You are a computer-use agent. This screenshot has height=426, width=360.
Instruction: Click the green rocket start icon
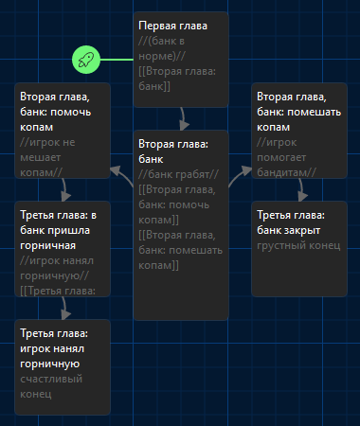click(x=86, y=60)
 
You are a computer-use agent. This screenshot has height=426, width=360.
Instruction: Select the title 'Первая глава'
click(x=172, y=26)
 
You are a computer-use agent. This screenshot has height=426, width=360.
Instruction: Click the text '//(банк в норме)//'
click(x=162, y=48)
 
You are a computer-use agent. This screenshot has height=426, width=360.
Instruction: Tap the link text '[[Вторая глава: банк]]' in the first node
click(x=177, y=79)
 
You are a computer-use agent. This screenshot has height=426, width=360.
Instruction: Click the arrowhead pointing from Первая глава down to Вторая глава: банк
click(x=184, y=125)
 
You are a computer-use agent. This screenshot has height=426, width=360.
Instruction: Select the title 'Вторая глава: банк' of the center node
click(x=173, y=151)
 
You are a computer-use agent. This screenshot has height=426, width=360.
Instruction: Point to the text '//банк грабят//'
click(x=178, y=174)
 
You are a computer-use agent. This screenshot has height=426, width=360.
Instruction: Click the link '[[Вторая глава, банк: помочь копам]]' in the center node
click(x=177, y=204)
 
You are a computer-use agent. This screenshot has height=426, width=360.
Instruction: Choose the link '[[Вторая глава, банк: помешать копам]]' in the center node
click(x=180, y=250)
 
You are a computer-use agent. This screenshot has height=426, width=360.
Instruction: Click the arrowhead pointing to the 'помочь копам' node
click(x=116, y=171)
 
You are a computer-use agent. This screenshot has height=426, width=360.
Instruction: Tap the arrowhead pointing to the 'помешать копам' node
click(x=246, y=171)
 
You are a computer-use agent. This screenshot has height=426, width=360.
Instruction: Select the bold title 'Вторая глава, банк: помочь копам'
click(x=56, y=112)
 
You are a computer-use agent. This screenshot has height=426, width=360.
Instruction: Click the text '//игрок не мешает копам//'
click(x=47, y=157)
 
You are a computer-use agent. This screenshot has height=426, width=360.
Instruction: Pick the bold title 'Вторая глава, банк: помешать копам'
click(x=298, y=112)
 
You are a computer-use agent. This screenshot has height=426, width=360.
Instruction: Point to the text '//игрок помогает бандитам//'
click(x=286, y=157)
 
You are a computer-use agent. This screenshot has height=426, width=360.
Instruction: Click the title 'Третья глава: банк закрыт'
click(x=291, y=222)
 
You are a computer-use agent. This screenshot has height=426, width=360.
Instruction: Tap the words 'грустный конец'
click(x=298, y=245)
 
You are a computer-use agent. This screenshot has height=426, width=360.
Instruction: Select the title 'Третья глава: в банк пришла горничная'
click(x=58, y=230)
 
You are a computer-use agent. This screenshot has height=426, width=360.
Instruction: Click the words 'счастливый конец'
click(x=51, y=386)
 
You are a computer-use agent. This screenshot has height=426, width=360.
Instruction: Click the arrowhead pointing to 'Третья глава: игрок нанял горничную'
click(x=65, y=314)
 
